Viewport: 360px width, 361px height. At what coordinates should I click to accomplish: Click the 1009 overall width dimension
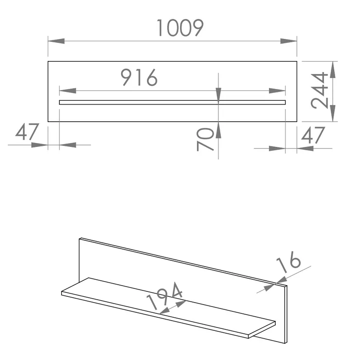coord(180,28)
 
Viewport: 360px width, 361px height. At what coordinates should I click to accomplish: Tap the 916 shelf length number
coord(139,77)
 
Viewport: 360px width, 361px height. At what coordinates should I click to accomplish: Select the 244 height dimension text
coord(319,90)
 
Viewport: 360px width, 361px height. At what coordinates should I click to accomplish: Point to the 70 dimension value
coord(205,139)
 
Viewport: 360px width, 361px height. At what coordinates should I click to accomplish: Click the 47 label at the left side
coord(27,132)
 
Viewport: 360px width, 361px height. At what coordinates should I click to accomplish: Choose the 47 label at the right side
coord(313,135)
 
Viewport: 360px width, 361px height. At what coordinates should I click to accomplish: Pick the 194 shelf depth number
coord(164,296)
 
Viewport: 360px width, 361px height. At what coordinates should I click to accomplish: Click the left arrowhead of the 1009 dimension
coord(56,41)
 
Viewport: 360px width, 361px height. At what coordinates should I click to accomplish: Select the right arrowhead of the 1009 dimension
coord(288,41)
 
